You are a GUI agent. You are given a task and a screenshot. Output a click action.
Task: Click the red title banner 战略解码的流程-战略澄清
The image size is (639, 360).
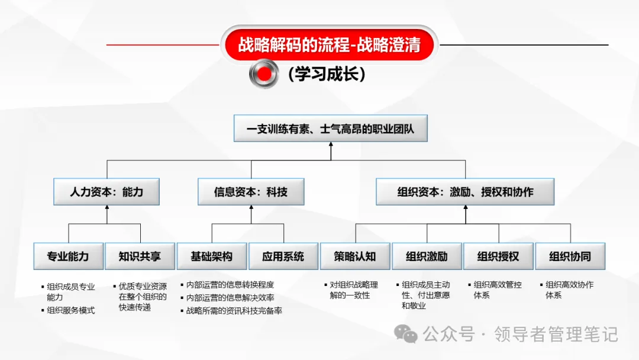point(329,45)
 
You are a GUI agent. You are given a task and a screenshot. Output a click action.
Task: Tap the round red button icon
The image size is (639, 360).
point(264,73)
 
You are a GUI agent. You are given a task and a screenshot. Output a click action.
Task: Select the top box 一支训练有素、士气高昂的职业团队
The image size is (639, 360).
point(330,128)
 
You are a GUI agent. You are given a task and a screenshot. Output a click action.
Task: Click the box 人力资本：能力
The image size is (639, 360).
point(106,192)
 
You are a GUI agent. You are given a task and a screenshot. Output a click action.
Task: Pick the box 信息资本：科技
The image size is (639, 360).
point(250,192)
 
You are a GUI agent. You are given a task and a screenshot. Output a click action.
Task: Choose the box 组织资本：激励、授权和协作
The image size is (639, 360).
point(465,192)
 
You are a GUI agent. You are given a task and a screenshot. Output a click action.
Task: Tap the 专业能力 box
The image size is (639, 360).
point(68,256)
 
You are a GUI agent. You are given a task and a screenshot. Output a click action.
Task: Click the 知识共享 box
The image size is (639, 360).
point(140,256)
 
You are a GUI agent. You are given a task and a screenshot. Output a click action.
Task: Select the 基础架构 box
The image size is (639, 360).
point(211,256)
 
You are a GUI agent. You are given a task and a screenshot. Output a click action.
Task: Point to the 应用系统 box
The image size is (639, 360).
point(283,256)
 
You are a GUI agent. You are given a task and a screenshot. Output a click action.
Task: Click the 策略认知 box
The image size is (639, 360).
point(355,256)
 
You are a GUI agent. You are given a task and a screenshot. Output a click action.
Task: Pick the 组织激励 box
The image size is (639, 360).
point(427,256)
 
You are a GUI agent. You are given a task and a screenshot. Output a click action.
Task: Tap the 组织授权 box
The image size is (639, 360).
point(499,256)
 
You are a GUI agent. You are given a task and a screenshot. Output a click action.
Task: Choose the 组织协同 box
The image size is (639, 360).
point(570,256)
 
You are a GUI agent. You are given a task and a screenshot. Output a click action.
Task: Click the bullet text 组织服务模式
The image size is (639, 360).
point(70,310)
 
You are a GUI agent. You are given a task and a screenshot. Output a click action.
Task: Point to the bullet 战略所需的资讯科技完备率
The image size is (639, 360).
point(234,310)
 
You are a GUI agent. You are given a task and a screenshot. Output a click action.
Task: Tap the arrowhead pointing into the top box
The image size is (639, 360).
point(330,146)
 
